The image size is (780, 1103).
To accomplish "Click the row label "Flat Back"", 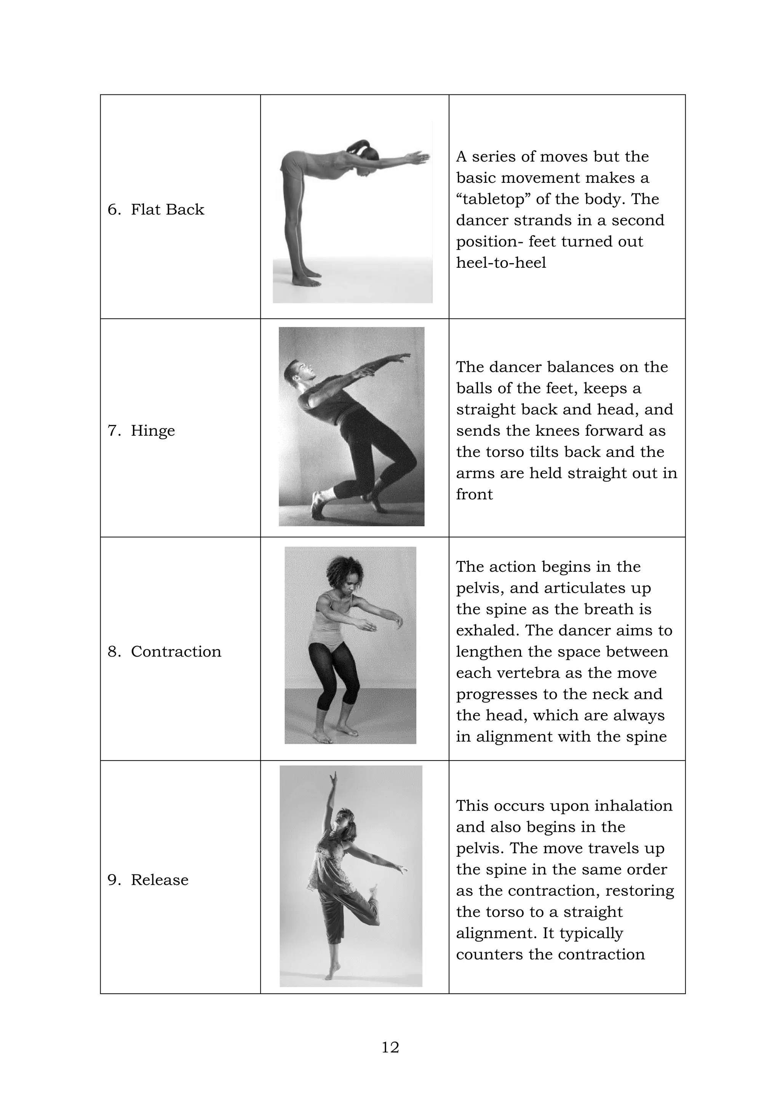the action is tap(167, 209).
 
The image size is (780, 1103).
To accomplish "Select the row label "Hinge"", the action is tap(153, 430).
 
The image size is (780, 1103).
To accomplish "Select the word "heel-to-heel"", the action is tap(501, 263).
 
